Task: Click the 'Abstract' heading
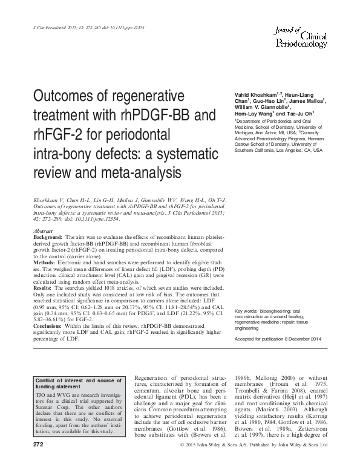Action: [44, 231]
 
